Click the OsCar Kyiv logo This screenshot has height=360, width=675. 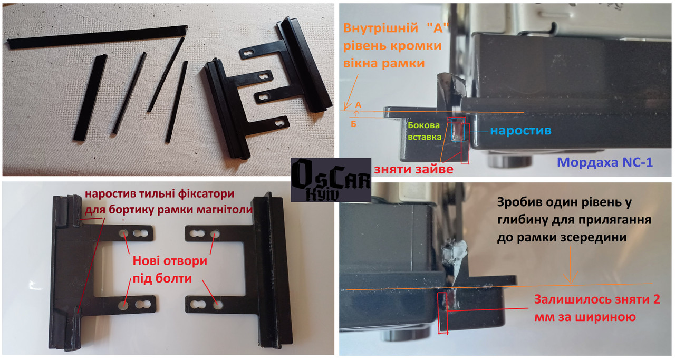[x=331, y=180]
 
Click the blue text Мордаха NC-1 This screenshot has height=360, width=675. [x=604, y=162]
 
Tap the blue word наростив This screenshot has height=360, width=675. [x=520, y=131]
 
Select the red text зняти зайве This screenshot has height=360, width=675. [x=413, y=169]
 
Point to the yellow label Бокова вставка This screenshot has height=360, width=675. [x=424, y=131]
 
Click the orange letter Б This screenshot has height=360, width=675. [x=353, y=124]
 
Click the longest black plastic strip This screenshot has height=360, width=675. [x=97, y=37]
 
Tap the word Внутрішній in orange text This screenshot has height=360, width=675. [x=381, y=28]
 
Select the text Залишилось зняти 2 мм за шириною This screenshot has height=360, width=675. [x=597, y=308]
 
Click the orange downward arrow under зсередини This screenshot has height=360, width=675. [x=571, y=265]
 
